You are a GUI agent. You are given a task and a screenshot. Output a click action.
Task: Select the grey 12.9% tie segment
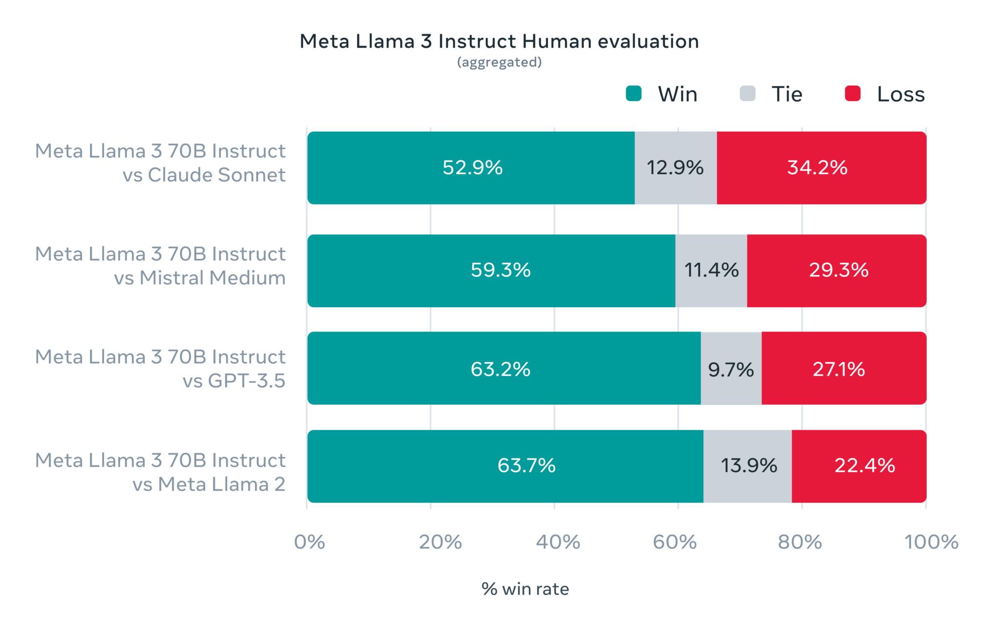[675, 168]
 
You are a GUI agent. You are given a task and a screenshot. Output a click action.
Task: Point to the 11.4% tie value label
[711, 270]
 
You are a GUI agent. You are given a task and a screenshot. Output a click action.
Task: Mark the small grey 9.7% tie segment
[731, 369]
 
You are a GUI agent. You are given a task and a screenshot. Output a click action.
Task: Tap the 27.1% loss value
[839, 369]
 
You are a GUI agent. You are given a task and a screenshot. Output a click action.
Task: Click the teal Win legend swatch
[634, 94]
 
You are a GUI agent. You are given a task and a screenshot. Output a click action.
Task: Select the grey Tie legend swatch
[747, 94]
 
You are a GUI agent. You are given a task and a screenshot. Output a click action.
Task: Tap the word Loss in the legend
[900, 94]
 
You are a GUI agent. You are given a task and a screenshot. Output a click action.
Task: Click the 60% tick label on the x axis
[675, 542]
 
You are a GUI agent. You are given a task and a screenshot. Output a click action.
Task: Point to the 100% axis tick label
[931, 542]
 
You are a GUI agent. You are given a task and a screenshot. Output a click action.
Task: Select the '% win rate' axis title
[525, 589]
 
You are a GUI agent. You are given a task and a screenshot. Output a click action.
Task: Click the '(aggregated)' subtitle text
[499, 62]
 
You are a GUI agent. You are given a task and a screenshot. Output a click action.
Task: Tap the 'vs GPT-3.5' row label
[234, 381]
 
